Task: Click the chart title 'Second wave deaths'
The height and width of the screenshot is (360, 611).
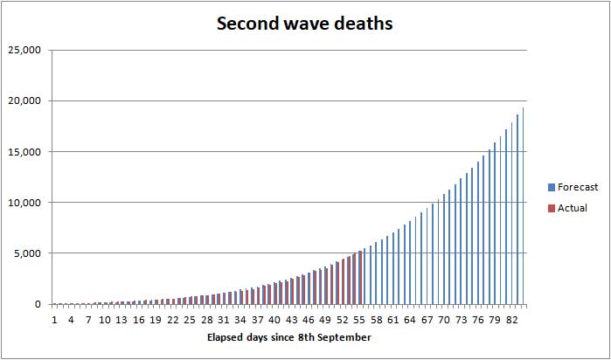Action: (305, 24)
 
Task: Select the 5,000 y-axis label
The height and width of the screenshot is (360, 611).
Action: (29, 253)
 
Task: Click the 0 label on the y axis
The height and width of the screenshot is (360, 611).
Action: (37, 304)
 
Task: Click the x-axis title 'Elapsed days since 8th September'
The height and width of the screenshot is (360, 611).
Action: (289, 337)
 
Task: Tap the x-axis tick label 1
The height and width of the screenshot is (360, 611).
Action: (54, 320)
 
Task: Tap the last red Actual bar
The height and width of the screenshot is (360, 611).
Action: (361, 278)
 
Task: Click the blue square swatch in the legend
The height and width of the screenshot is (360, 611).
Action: (551, 187)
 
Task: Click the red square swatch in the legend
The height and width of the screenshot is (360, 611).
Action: (551, 208)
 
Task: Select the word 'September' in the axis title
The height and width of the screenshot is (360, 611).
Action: (345, 337)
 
